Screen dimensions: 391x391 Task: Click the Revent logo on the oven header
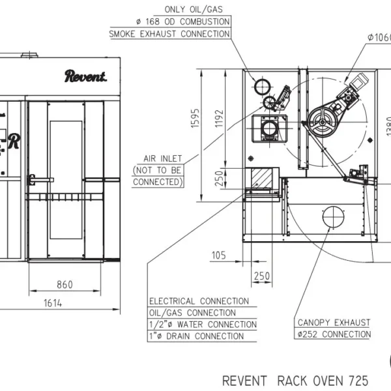(x=85, y=76)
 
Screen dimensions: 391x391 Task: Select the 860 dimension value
(x=65, y=285)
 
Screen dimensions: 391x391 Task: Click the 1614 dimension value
(x=53, y=303)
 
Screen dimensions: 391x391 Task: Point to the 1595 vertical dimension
(x=195, y=118)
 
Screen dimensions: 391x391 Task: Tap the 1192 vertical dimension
(x=219, y=119)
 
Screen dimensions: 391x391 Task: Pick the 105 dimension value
(x=219, y=255)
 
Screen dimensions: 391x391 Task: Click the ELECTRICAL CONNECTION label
(x=199, y=301)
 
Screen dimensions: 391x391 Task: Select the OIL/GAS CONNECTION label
(x=192, y=313)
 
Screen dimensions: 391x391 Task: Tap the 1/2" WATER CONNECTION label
(x=203, y=325)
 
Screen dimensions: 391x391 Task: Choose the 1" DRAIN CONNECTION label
(x=197, y=336)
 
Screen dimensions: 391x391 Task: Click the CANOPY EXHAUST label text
(x=334, y=323)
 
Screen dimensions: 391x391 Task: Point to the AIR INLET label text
(x=162, y=158)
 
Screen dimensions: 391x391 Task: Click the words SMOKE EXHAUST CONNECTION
(x=169, y=34)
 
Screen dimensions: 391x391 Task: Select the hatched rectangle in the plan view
(x=261, y=178)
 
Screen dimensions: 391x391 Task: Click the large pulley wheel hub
(x=323, y=123)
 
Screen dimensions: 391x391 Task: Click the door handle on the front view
(x=40, y=180)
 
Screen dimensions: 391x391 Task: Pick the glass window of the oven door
(x=66, y=180)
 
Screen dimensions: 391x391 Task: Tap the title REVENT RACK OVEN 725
(x=295, y=381)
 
